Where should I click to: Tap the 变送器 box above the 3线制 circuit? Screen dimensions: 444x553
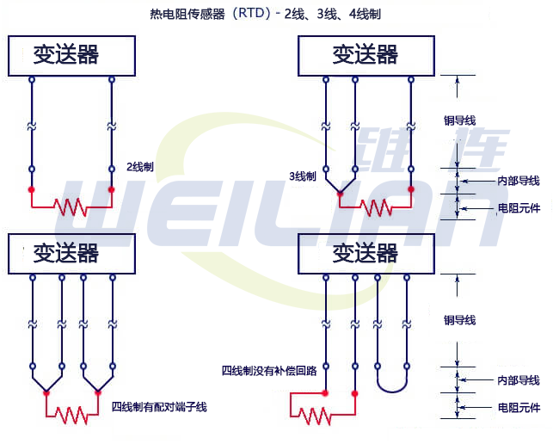click(366, 56)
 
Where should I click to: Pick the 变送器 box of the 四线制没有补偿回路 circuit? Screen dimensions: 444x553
click(366, 254)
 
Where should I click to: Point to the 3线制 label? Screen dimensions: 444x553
click(303, 176)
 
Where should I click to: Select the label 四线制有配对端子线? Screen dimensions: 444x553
click(159, 406)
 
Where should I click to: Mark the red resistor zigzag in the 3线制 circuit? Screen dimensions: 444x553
click(375, 207)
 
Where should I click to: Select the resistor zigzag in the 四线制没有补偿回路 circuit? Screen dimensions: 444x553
click(315, 416)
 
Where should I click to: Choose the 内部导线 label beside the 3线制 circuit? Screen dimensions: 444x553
click(518, 181)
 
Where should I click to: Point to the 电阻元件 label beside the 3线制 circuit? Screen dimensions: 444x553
click(518, 207)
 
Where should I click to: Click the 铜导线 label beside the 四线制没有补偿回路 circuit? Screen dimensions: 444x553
click(459, 320)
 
